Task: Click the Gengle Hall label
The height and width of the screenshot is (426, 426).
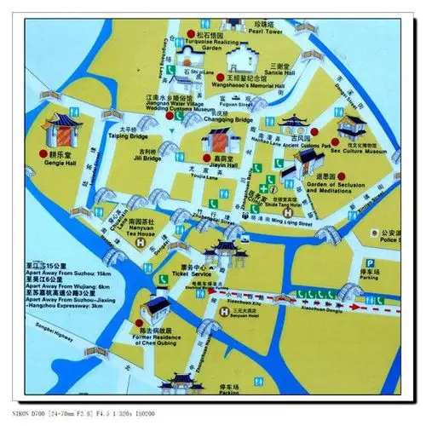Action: point(60,166)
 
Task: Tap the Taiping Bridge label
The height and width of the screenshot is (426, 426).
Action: point(129,135)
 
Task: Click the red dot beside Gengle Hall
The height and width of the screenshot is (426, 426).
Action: point(43,153)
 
